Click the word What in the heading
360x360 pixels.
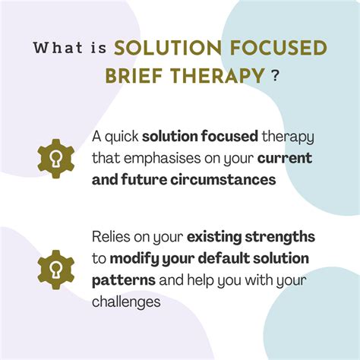click(58, 48)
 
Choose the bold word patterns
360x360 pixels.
click(125, 279)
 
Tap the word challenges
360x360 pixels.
click(126, 301)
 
